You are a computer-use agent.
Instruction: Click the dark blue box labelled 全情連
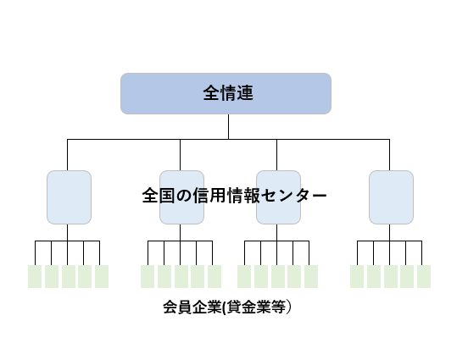click(226, 93)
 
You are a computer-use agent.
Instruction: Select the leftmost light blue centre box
click(69, 197)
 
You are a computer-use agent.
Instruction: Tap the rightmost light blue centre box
click(392, 197)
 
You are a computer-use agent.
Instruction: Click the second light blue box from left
click(181, 197)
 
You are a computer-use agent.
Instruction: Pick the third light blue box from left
click(278, 197)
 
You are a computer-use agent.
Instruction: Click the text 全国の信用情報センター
click(235, 196)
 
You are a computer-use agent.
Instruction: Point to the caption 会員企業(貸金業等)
click(227, 307)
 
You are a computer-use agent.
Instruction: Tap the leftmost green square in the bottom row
click(35, 276)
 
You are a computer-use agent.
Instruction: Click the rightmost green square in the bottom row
click(424, 276)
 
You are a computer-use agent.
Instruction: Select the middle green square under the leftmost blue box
click(69, 276)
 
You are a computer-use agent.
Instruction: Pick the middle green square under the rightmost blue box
click(391, 276)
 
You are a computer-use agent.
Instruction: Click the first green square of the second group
click(148, 276)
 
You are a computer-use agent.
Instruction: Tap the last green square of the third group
click(311, 276)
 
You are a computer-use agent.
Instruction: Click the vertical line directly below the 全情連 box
click(229, 126)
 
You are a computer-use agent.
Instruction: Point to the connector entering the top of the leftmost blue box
click(67, 155)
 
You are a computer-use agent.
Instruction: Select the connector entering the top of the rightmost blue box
click(389, 155)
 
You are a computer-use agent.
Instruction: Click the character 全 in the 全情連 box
click(211, 93)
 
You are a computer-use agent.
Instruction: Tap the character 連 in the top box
click(245, 93)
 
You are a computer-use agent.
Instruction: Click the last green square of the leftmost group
click(102, 276)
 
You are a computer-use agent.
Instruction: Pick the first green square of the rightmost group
click(357, 276)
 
